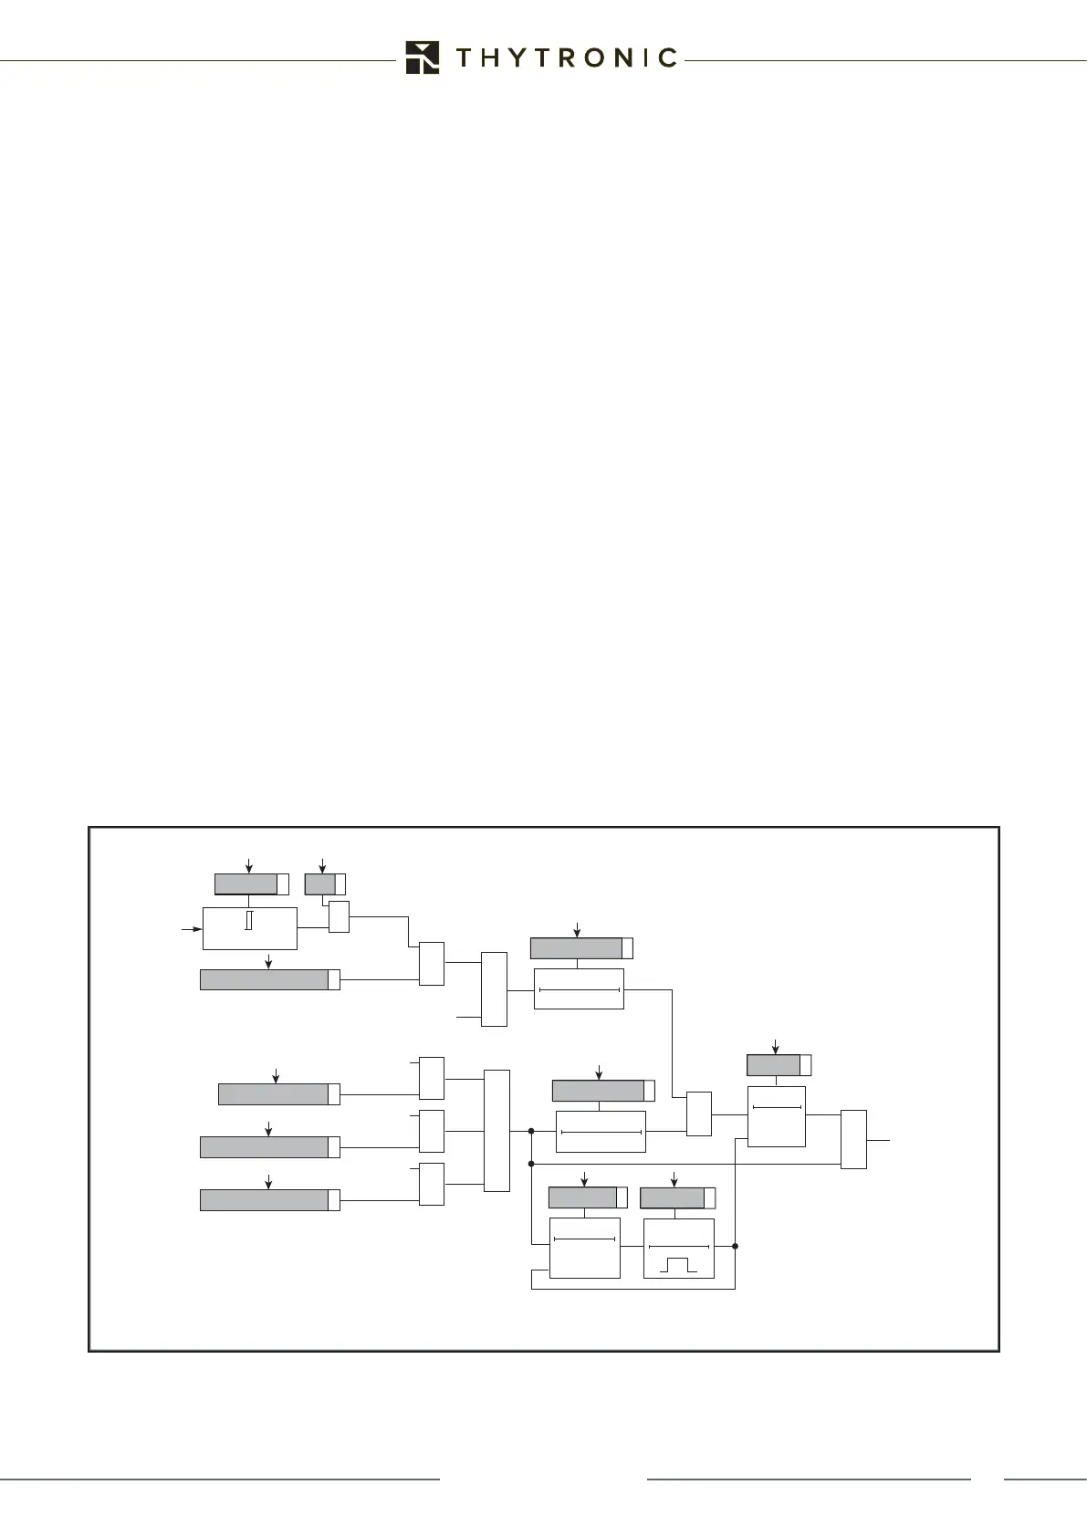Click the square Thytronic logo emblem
pyautogui.click(x=423, y=58)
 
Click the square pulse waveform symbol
pyautogui.click(x=678, y=1265)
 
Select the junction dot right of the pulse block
pyautogui.click(x=735, y=1245)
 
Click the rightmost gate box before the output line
pyautogui.click(x=853, y=1139)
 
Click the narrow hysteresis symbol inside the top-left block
pyautogui.click(x=248, y=920)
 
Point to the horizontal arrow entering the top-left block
pyautogui.click(x=192, y=929)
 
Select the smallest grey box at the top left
pyautogui.click(x=320, y=884)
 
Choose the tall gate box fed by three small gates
pyautogui.click(x=496, y=1130)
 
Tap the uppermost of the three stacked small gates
pyautogui.click(x=432, y=1078)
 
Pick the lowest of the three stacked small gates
pyautogui.click(x=432, y=1184)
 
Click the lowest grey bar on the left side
pyautogui.click(x=265, y=1199)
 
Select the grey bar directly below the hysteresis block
pyautogui.click(x=265, y=979)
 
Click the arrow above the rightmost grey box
pyautogui.click(x=776, y=1046)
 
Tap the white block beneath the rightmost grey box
pyautogui.click(x=777, y=1115)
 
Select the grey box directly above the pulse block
pyautogui.click(x=673, y=1197)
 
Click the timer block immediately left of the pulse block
pyautogui.click(x=585, y=1247)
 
